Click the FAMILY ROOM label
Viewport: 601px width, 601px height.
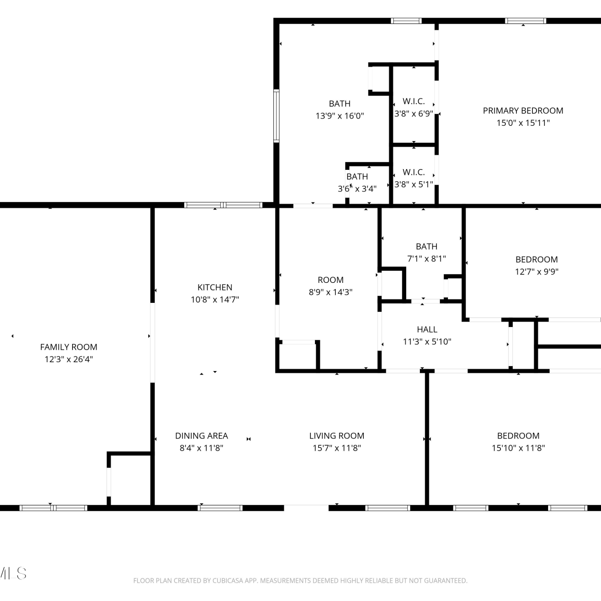point(69,347)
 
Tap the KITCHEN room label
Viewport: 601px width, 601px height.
point(215,287)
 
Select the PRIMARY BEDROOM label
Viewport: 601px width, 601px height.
point(523,111)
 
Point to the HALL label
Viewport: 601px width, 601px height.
point(427,329)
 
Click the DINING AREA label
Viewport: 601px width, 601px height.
point(202,436)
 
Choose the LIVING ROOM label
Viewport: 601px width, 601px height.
point(337,436)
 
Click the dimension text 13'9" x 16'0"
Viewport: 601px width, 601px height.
point(340,116)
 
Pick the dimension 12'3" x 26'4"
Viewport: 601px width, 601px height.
point(69,359)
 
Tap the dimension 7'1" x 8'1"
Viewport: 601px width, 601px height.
point(427,258)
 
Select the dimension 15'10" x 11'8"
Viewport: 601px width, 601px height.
point(518,448)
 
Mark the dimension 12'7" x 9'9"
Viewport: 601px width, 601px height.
point(536,272)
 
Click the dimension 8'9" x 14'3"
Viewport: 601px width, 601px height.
point(331,292)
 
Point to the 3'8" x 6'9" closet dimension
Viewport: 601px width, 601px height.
point(414,113)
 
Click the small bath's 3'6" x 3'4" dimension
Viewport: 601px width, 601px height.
point(357,189)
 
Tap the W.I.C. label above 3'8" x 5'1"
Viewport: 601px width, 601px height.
point(414,172)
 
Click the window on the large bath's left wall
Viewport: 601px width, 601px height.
point(276,116)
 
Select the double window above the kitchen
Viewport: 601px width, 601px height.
point(224,205)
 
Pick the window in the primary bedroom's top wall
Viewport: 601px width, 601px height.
point(526,21)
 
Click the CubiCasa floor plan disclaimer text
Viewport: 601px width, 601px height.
point(300,581)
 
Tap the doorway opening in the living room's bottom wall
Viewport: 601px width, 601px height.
point(307,508)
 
